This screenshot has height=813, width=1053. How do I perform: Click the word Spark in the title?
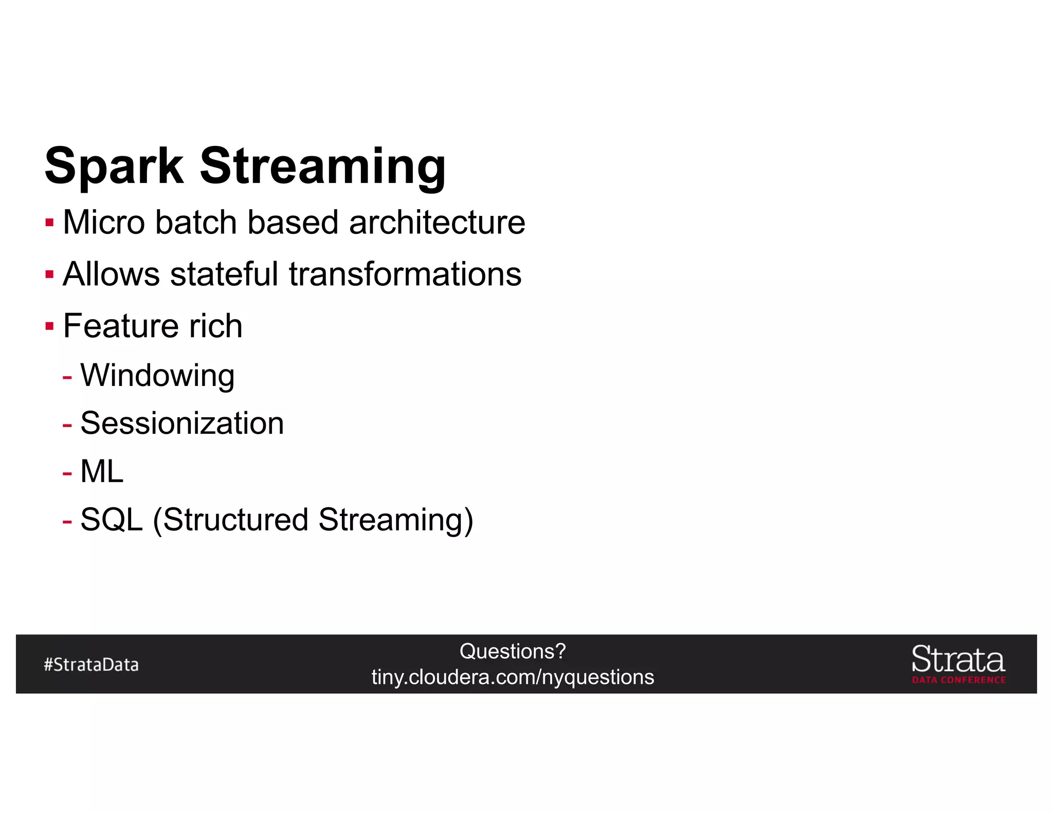click(114, 166)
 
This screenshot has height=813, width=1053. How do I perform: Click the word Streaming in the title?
click(322, 166)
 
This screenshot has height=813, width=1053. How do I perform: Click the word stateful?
click(224, 274)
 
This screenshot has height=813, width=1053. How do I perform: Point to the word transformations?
click(405, 274)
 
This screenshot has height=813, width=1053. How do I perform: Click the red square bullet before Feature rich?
click(49, 326)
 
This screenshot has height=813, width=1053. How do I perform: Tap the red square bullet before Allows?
click(49, 274)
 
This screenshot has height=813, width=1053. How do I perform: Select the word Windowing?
click(157, 375)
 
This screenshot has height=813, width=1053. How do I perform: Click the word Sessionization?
click(182, 423)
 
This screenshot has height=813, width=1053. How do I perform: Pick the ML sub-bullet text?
click(102, 471)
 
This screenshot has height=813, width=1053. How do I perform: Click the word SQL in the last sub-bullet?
click(111, 520)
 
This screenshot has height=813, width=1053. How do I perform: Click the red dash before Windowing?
click(67, 377)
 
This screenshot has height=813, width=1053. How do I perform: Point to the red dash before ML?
click(67, 473)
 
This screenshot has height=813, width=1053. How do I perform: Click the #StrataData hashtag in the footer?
click(91, 664)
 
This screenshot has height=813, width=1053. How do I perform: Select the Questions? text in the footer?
click(513, 651)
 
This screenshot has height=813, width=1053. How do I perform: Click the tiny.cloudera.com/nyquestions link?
click(513, 677)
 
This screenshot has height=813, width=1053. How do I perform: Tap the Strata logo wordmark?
click(958, 659)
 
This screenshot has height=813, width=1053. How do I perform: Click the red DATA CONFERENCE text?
click(958, 680)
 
